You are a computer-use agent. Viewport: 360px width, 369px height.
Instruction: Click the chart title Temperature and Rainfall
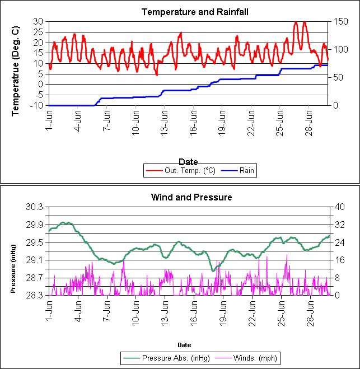pyautogui.click(x=187, y=12)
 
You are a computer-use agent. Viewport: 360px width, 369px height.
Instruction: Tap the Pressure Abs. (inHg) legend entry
pyautogui.click(x=176, y=358)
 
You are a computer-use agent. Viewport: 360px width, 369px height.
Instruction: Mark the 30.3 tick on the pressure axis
pyautogui.click(x=35, y=207)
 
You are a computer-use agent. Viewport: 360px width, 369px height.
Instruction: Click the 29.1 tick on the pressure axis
pyautogui.click(x=35, y=260)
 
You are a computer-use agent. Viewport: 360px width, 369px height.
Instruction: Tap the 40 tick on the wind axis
pyautogui.click(x=338, y=207)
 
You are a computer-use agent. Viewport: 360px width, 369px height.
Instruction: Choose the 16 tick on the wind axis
pyautogui.click(x=338, y=260)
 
